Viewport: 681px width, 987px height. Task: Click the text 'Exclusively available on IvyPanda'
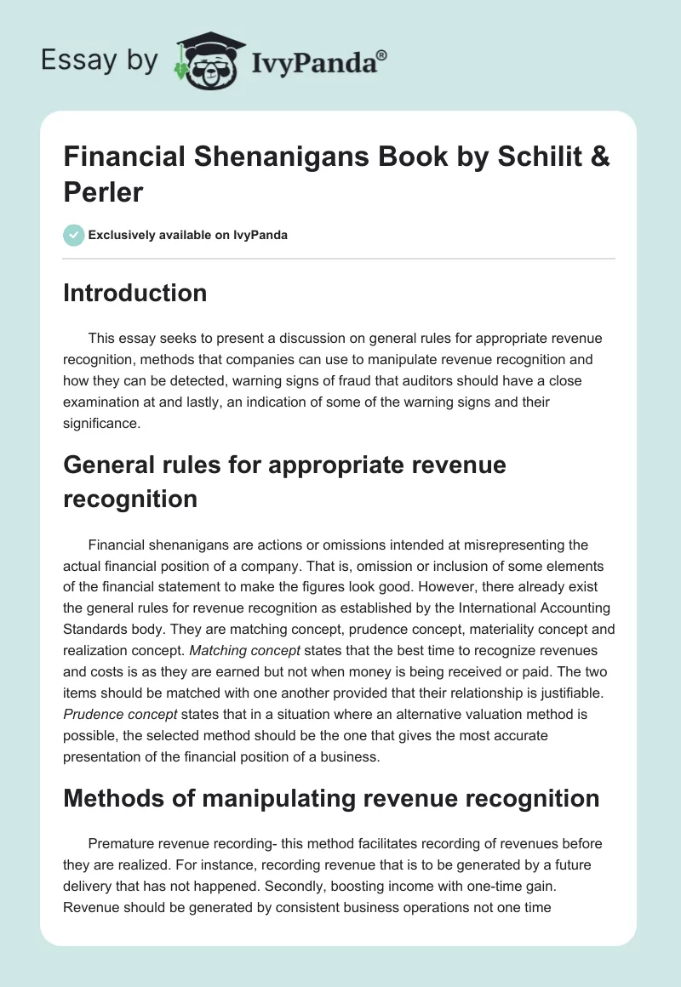pos(187,235)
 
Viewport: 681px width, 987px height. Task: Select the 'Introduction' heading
pos(134,293)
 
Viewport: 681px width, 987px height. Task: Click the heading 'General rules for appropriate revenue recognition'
pos(284,482)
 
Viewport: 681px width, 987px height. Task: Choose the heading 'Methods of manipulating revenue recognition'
pos(331,799)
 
